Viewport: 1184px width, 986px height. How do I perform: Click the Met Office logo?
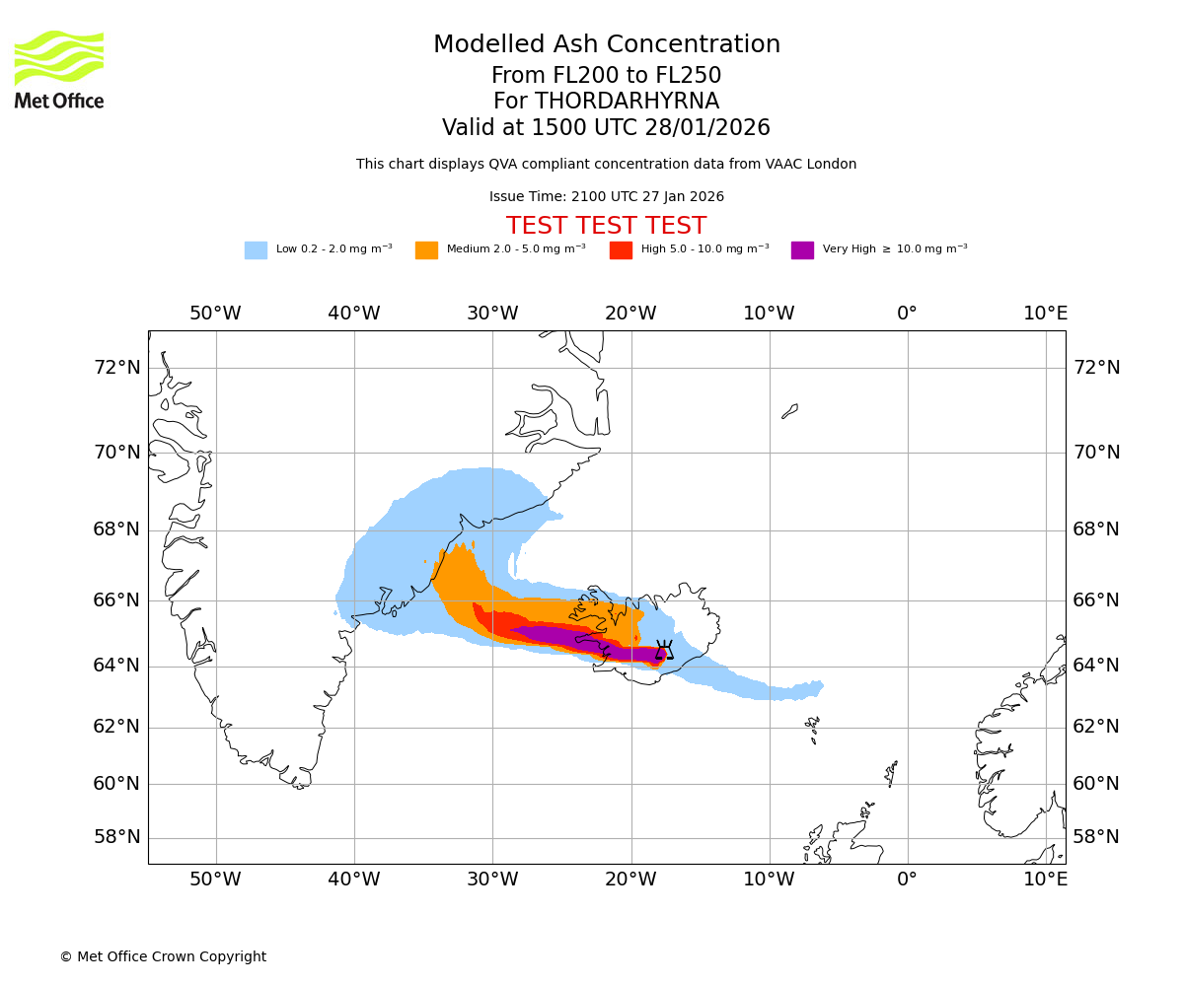[59, 69]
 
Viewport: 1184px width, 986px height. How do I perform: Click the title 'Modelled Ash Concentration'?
[606, 45]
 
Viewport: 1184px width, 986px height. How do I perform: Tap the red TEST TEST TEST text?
[606, 226]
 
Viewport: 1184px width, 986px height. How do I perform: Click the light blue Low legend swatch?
[256, 250]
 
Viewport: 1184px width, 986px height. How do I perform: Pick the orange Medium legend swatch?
[426, 250]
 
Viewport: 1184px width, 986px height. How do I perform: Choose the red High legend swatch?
[621, 250]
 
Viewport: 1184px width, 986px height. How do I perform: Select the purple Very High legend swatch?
[802, 250]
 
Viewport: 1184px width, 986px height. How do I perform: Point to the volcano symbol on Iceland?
[664, 650]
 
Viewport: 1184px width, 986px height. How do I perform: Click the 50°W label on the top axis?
[215, 314]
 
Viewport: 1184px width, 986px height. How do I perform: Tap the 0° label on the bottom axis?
[907, 879]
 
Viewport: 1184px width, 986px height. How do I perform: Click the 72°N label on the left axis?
[116, 368]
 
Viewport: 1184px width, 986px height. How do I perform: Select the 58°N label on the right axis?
[1096, 837]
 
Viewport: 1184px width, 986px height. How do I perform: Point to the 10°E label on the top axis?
[1045, 314]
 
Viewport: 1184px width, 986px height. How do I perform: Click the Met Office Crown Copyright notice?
[163, 956]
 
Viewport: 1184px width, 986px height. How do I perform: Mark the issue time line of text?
[606, 197]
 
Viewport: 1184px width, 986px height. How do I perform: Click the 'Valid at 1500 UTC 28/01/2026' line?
[606, 128]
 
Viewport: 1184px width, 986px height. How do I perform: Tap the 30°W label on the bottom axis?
[492, 879]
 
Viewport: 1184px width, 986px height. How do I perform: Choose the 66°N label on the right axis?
[1096, 600]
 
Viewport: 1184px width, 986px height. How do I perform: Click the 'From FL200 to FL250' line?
[606, 76]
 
